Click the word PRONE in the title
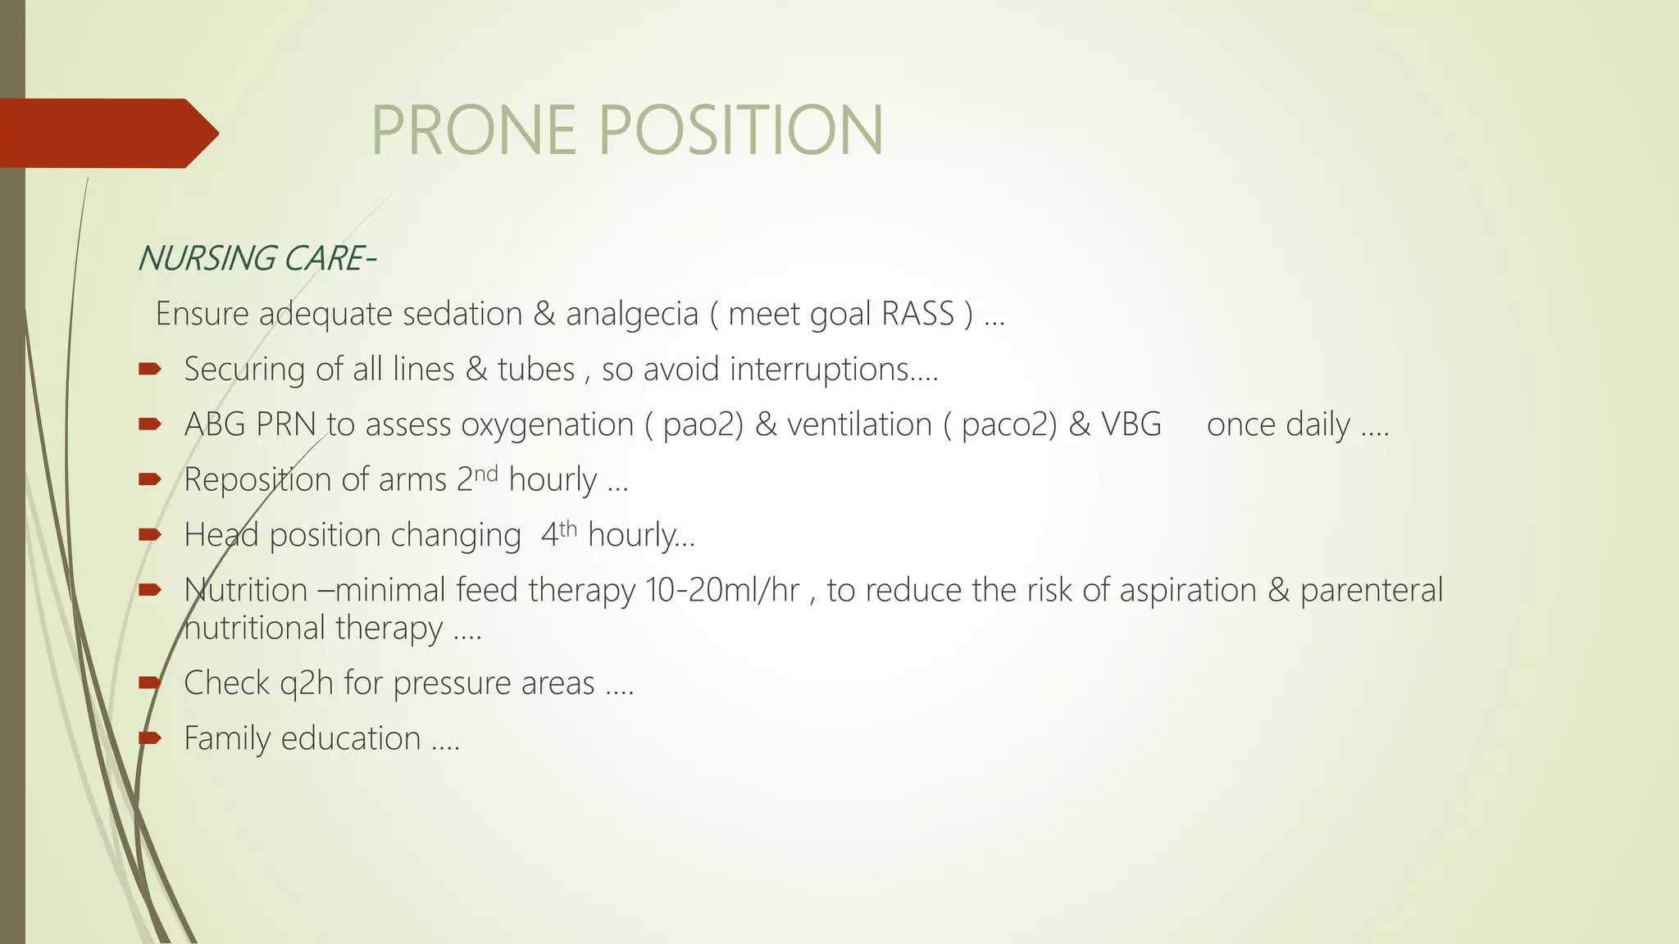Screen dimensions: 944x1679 click(474, 130)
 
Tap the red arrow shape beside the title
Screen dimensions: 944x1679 click(107, 133)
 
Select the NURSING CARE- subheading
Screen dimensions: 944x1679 click(257, 259)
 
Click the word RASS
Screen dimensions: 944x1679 click(917, 315)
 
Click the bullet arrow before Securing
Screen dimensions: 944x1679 click(150, 370)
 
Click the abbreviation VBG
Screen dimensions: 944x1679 click(1131, 424)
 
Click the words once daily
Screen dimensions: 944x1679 click(1277, 425)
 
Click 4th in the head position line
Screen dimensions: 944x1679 click(559, 533)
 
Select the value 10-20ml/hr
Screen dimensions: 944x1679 click(722, 590)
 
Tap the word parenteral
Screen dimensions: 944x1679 click(1371, 591)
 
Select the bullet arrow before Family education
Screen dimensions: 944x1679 click(150, 738)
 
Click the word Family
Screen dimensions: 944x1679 click(227, 738)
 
